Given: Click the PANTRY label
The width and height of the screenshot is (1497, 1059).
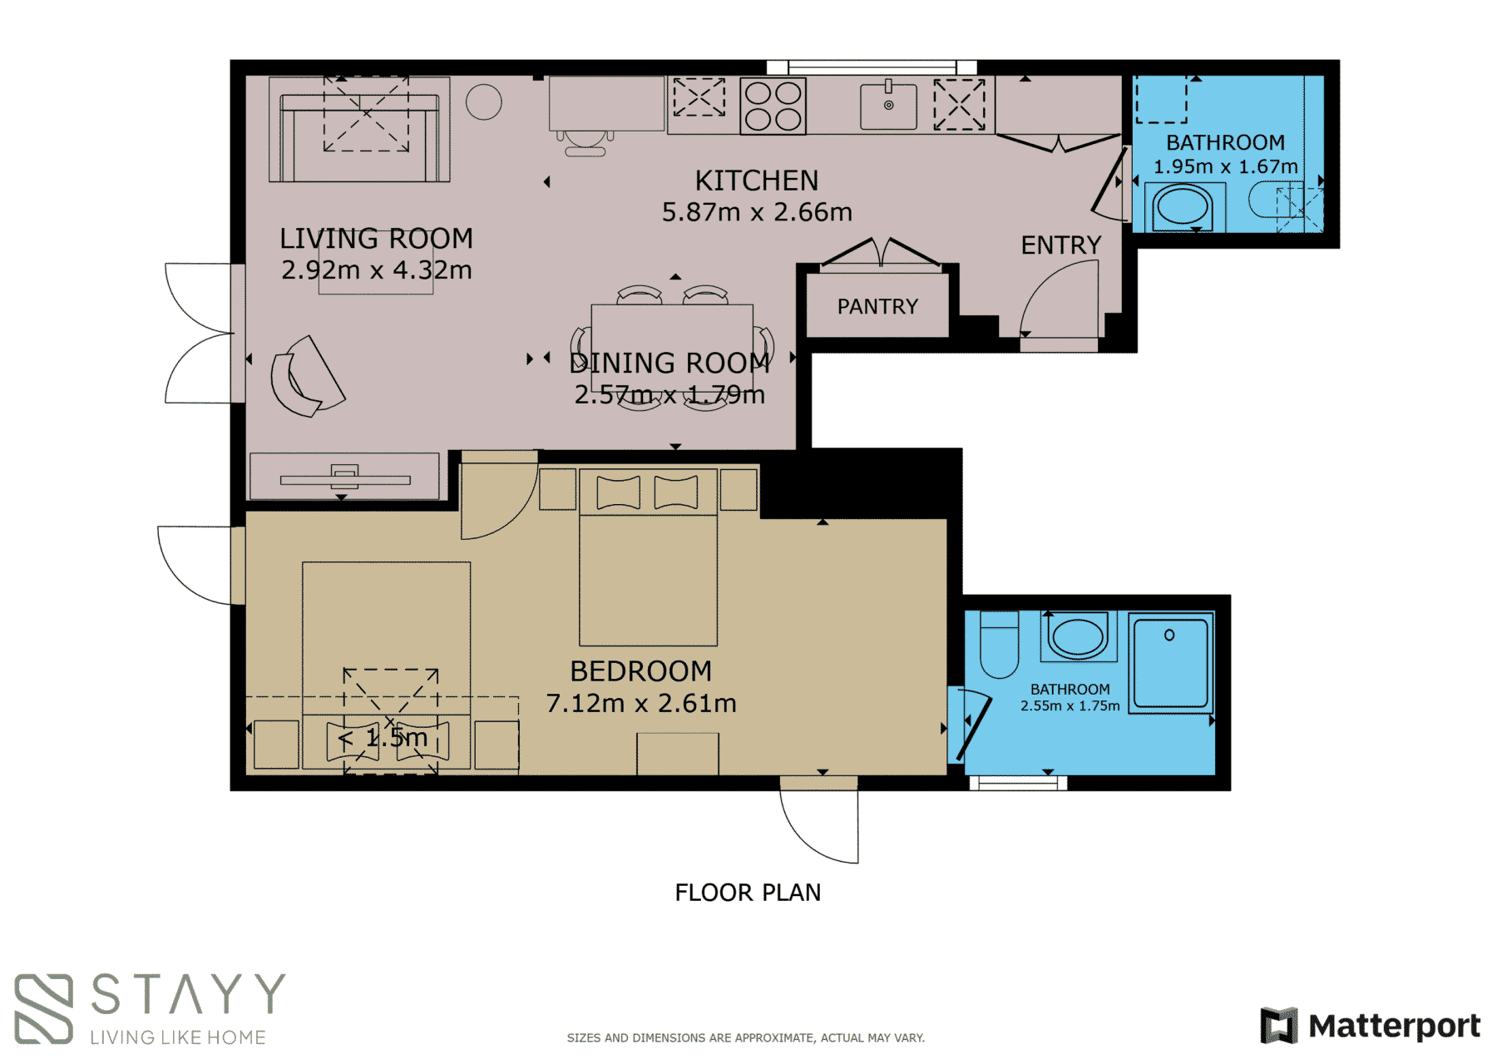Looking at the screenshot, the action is (x=877, y=307).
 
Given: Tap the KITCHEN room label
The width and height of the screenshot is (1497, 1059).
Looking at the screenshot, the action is (x=757, y=181).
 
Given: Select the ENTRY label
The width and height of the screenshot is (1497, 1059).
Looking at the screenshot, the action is (x=1061, y=245).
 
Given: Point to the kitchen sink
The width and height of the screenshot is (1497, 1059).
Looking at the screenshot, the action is (x=888, y=106).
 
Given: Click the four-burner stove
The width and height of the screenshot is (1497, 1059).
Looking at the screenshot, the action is (x=773, y=106).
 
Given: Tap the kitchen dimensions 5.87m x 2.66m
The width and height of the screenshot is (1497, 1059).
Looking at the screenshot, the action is (x=757, y=212).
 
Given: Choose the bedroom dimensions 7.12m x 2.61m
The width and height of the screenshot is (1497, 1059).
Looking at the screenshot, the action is (x=641, y=704).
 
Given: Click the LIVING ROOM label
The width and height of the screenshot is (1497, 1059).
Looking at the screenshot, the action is (x=376, y=239).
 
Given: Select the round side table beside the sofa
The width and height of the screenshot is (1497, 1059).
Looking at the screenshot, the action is (x=484, y=102).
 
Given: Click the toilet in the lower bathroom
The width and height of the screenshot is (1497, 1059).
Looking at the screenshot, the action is (x=999, y=645).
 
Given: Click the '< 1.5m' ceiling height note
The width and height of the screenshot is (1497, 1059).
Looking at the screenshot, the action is (x=383, y=737).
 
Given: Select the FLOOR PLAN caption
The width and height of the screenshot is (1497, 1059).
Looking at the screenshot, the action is (x=748, y=893).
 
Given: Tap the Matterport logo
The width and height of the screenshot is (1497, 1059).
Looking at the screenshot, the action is (x=1371, y=1025).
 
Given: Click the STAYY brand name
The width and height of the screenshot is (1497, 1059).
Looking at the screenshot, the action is (x=188, y=994).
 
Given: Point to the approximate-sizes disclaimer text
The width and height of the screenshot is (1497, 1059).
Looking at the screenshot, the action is (x=746, y=1037).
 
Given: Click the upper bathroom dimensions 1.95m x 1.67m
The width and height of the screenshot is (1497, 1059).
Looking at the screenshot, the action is (x=1225, y=166).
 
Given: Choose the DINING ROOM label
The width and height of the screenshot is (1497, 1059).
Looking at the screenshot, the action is (x=669, y=364).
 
